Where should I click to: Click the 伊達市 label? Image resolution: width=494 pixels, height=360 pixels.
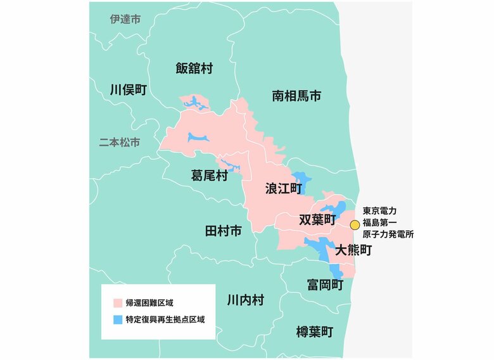(x=125, y=20)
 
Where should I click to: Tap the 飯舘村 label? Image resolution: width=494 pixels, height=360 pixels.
(x=194, y=68)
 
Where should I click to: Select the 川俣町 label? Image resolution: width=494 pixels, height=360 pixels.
(x=128, y=89)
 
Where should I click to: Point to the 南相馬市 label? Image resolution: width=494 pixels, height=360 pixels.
(x=296, y=96)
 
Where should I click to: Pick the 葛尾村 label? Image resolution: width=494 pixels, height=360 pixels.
(x=209, y=175)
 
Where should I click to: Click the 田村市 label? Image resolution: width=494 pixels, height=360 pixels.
(x=224, y=231)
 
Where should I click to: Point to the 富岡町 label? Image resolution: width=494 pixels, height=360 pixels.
(x=325, y=285)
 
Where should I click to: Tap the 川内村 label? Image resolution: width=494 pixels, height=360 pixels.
(x=245, y=300)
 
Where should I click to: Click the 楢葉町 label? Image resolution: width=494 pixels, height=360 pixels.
(x=315, y=331)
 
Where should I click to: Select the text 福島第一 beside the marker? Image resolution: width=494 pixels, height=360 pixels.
(x=379, y=223)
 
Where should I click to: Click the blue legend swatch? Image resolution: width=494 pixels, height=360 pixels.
(x=117, y=319)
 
